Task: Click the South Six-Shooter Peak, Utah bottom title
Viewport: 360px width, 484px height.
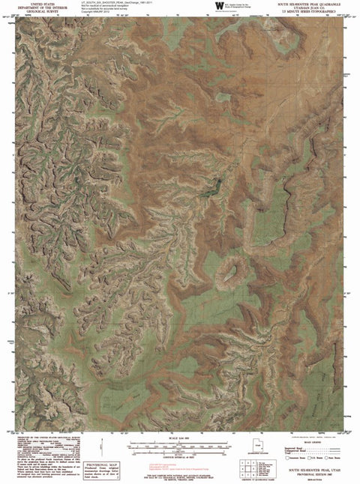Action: click(x=307, y=466)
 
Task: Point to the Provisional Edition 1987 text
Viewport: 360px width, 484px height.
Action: click(x=307, y=471)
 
